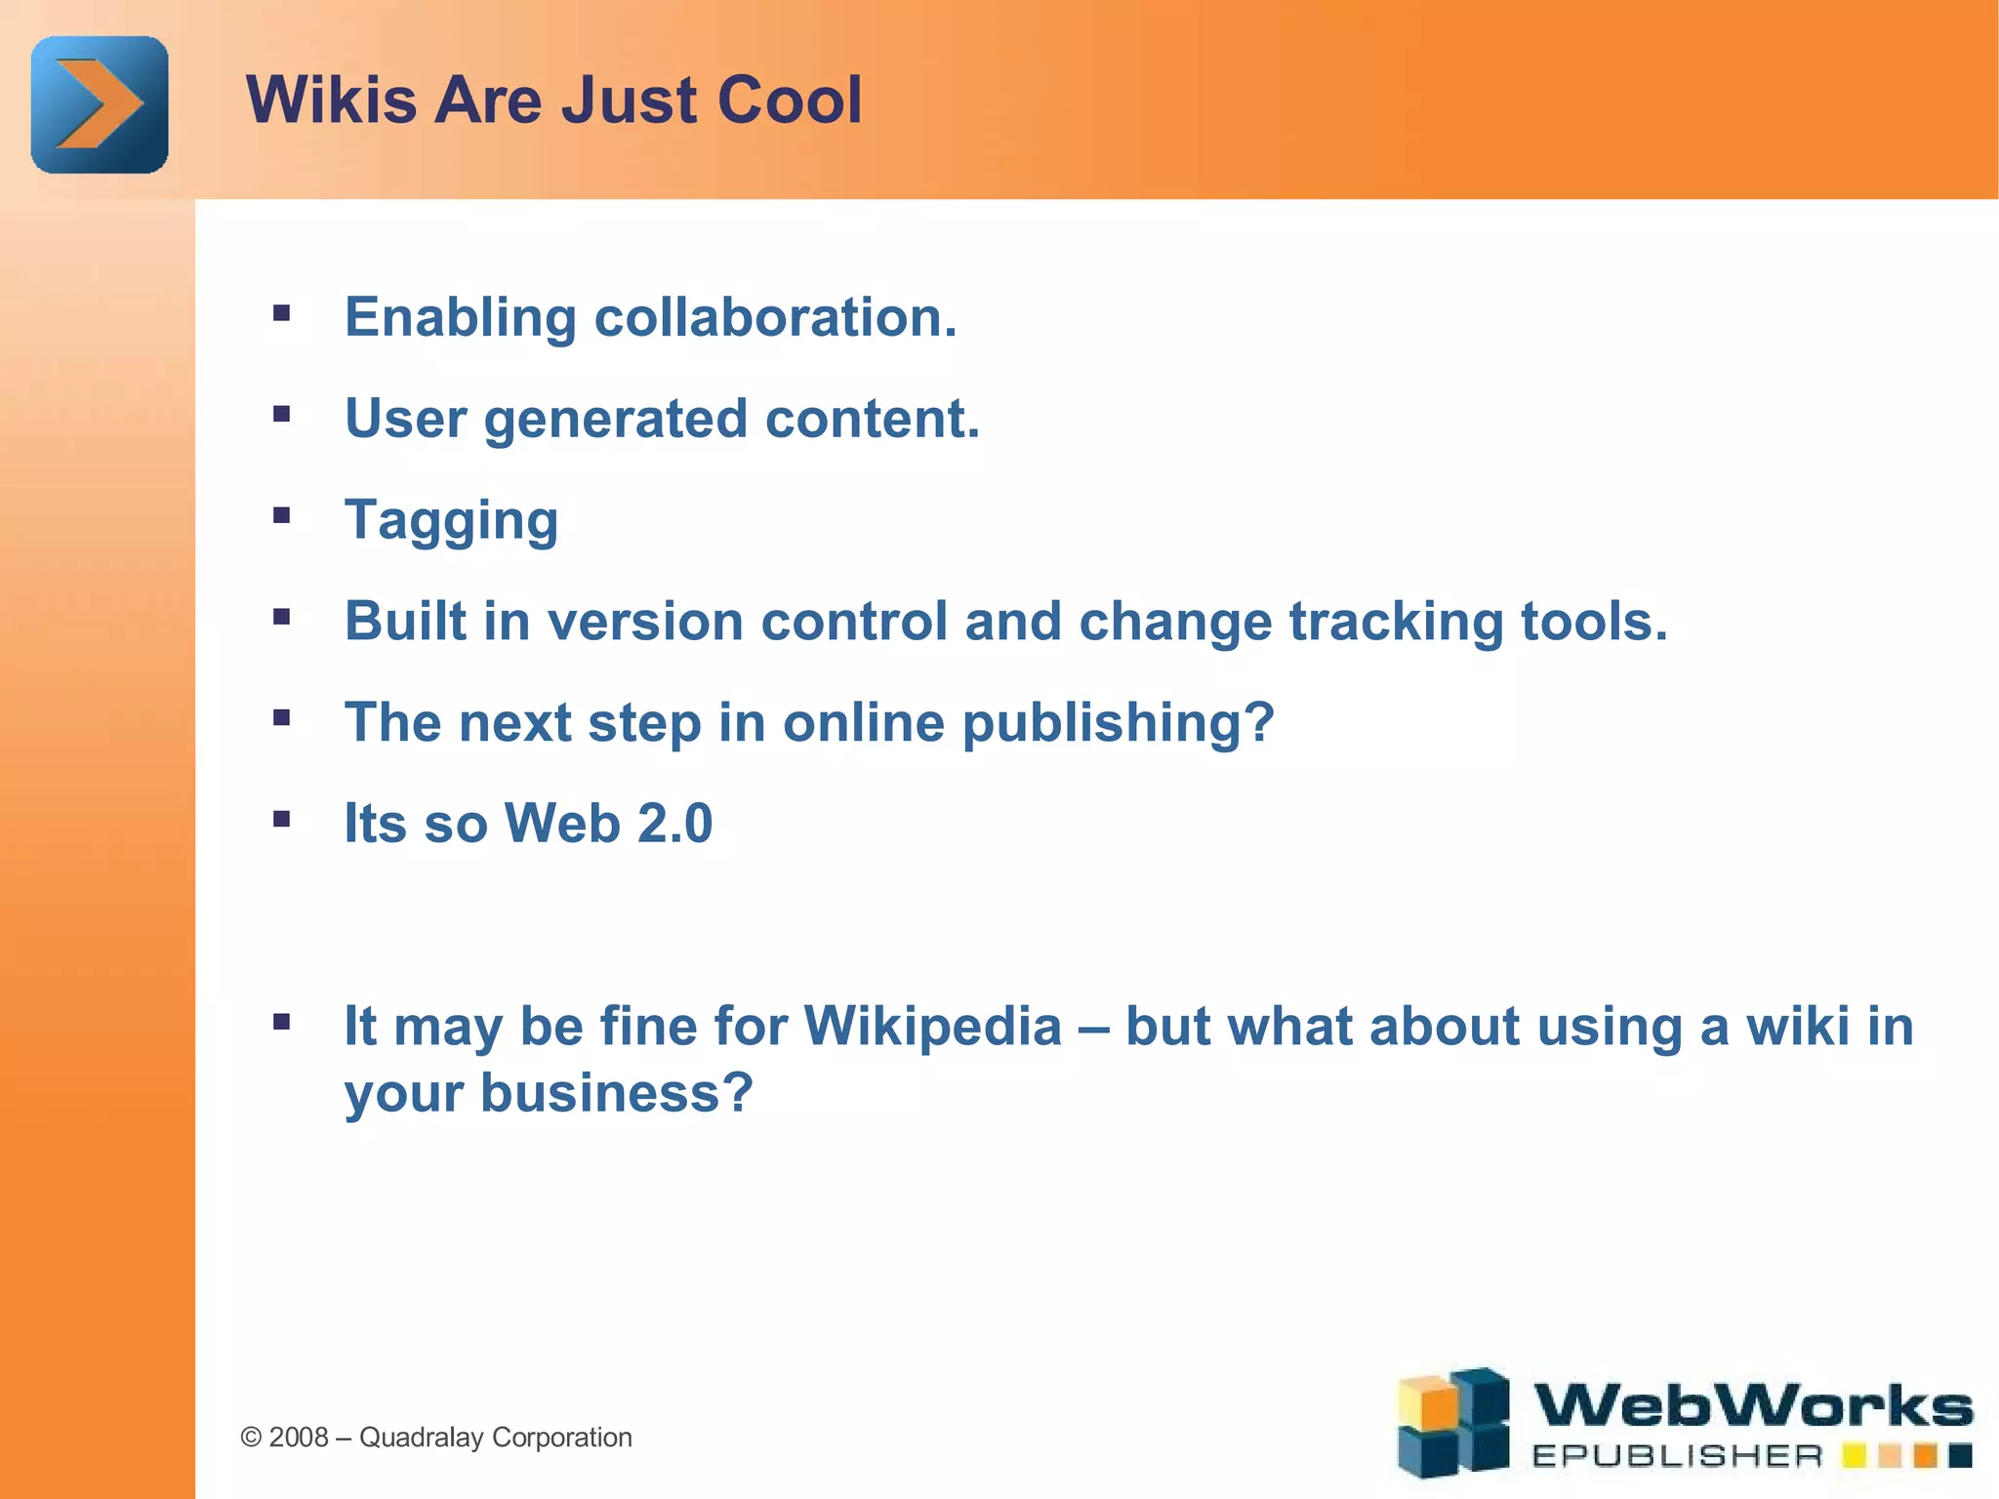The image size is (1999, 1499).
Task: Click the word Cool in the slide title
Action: (789, 101)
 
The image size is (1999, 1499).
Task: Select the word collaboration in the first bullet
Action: (775, 317)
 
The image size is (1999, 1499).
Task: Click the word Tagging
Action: (451, 520)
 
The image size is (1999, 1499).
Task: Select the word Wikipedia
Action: (932, 1027)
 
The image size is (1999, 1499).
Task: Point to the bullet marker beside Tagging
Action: (282, 515)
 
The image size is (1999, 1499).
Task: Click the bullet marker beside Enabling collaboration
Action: (282, 313)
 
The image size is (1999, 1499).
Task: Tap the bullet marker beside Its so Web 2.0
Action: (282, 819)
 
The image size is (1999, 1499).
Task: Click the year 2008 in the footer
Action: (298, 1438)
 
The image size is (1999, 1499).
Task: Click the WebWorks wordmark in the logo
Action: (1752, 1406)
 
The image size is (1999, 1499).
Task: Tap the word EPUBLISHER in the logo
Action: (1676, 1457)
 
